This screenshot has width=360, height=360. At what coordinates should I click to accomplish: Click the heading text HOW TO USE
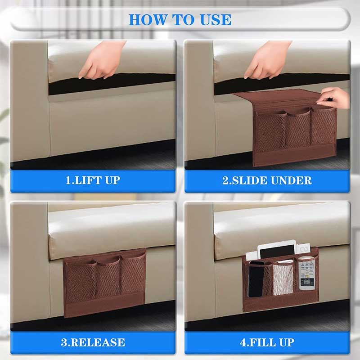coord(180,20)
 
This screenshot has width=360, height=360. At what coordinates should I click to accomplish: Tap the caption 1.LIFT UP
coord(93,180)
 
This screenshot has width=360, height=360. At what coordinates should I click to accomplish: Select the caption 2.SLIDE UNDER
coord(267,180)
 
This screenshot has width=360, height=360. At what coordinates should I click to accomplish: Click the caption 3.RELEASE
coord(93,342)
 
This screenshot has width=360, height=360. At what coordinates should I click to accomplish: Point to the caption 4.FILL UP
coord(267,342)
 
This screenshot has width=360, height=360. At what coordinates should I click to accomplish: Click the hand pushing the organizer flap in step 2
coord(335,98)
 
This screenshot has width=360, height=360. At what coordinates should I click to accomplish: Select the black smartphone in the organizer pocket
coord(256,279)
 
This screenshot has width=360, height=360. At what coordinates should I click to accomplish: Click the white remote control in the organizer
coord(307,274)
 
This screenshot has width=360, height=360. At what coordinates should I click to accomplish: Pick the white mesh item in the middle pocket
coord(283,278)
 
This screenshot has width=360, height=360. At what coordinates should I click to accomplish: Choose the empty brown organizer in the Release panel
coord(105,283)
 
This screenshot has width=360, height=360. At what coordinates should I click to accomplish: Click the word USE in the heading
coord(216,20)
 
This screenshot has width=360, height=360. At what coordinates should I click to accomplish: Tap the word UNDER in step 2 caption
coord(291,180)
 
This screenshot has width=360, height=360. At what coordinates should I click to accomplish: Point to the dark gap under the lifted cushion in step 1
coord(112,84)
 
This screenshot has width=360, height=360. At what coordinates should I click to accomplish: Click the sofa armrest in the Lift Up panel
coord(30,101)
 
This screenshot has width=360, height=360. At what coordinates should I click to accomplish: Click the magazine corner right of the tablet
coord(303,248)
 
